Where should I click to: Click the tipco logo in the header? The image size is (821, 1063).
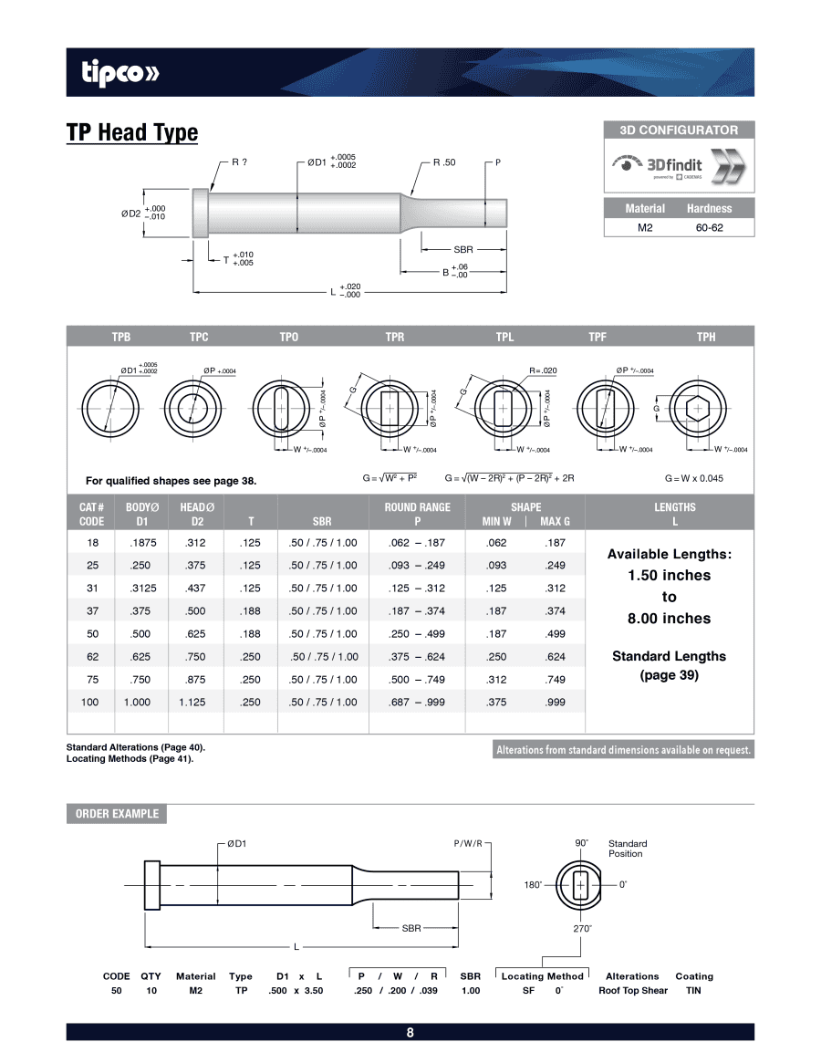[x=120, y=73]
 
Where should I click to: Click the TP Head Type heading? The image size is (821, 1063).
[x=131, y=132]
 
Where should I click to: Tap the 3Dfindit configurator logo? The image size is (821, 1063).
[x=679, y=167]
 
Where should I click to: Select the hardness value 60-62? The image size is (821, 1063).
[x=709, y=227]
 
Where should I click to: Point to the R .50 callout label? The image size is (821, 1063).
[x=444, y=162]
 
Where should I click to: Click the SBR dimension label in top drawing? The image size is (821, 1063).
[x=463, y=248]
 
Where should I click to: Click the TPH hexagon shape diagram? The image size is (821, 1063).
[x=698, y=409]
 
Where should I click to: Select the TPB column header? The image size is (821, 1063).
[x=121, y=337]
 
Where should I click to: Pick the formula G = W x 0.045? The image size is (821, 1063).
[x=693, y=477]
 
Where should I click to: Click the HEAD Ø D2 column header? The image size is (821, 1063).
[x=196, y=514]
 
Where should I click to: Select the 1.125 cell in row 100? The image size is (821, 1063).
[x=192, y=702]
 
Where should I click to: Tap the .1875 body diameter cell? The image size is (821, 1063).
[x=141, y=542]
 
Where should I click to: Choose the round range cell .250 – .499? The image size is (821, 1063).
[x=417, y=633]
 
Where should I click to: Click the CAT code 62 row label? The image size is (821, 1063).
[x=92, y=656]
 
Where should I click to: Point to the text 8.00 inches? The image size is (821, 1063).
[x=669, y=618]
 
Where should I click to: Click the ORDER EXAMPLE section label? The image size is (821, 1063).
[x=117, y=814]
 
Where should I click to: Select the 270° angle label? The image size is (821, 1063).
[x=582, y=928]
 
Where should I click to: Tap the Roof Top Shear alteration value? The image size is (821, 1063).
[x=632, y=990]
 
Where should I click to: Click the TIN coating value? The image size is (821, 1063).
[x=693, y=990]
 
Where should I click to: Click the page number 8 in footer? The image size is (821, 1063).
[x=410, y=1033]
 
